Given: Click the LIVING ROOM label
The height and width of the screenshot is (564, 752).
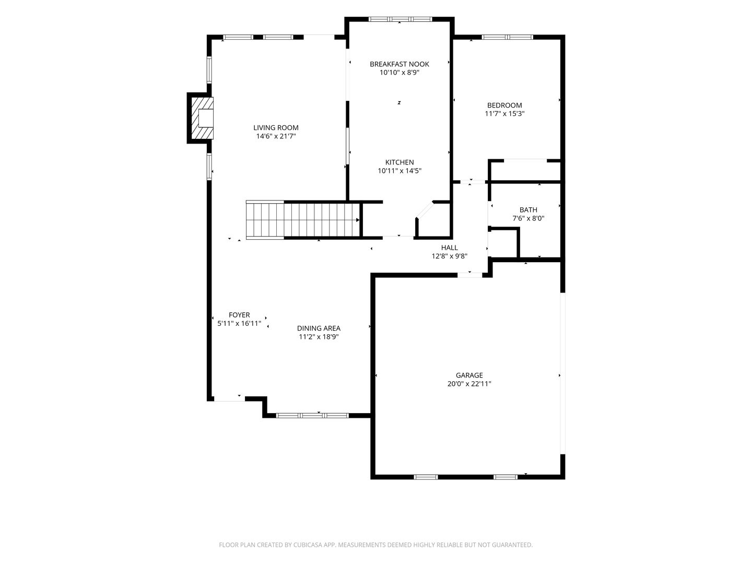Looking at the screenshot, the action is [276, 128].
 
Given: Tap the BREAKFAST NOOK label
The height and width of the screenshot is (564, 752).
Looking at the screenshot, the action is [399, 64].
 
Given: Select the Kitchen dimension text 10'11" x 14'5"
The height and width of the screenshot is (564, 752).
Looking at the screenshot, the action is [399, 171].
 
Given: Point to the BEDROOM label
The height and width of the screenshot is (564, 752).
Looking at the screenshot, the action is [504, 105].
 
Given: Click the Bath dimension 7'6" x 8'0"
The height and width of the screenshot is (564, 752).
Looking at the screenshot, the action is [528, 218].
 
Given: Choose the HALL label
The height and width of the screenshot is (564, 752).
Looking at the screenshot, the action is [450, 248].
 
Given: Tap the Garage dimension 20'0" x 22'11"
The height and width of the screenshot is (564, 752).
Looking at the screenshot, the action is [469, 383].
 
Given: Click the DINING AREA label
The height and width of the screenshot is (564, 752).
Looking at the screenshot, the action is [319, 328].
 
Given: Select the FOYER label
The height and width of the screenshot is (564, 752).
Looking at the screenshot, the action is [239, 315].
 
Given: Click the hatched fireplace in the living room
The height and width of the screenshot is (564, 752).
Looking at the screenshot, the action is [202, 118].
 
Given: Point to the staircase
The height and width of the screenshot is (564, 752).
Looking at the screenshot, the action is [303, 220].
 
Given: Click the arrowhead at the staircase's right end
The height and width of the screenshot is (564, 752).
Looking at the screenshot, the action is [358, 220].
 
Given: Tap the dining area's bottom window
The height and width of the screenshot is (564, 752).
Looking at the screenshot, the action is [312, 416].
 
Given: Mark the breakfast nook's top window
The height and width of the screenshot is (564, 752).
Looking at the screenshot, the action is [400, 19].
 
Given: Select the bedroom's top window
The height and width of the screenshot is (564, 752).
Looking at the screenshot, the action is [508, 37].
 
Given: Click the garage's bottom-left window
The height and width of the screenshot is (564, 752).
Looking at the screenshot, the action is [426, 477].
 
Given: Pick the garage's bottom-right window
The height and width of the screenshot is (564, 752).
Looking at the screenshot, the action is [506, 477].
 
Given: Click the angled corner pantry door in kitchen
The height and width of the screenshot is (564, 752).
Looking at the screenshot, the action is [425, 209].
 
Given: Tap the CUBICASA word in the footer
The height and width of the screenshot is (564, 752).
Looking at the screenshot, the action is [308, 545].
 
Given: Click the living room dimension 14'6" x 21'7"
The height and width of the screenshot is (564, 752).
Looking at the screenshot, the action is [276, 136].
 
